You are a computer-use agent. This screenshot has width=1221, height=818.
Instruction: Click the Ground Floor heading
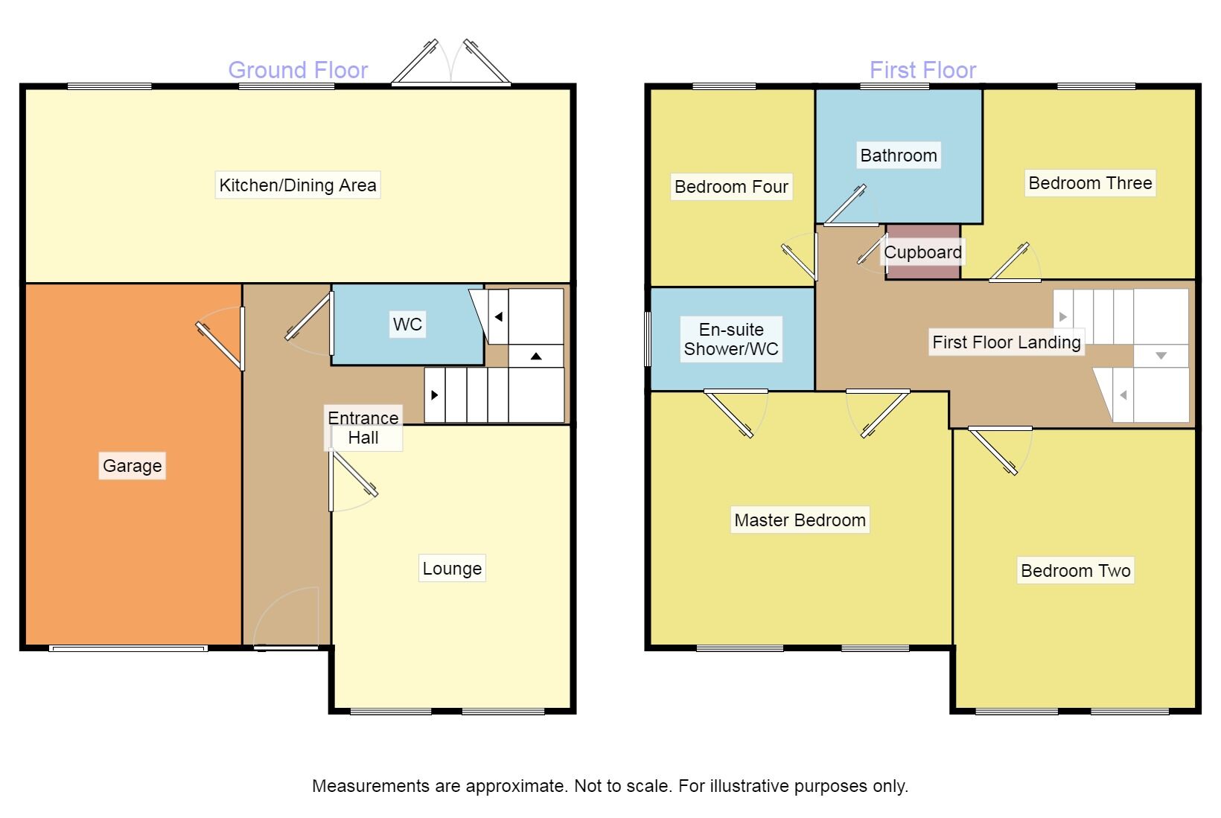point(298,70)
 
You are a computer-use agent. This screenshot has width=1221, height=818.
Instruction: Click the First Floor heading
point(922,70)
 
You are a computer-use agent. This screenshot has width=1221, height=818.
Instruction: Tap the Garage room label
point(132,466)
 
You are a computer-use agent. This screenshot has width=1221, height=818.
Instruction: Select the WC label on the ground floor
point(407,325)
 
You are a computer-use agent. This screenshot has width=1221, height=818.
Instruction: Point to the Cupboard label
point(922,252)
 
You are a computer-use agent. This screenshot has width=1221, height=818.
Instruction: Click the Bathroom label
point(899,156)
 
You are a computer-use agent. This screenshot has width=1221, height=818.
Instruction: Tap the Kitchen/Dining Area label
point(298,185)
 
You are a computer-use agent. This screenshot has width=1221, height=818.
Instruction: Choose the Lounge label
point(452,569)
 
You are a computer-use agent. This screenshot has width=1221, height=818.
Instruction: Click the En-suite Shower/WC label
point(731,339)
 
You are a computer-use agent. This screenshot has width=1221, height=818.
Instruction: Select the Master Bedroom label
point(800,520)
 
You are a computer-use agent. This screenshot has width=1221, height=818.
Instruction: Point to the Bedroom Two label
point(1075,571)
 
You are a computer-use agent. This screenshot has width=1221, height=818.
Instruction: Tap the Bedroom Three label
point(1090,183)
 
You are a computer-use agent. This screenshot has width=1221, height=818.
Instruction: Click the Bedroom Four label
point(731,187)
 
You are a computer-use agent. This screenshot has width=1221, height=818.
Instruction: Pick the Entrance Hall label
point(363,428)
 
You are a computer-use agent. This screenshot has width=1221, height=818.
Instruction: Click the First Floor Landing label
point(1007,342)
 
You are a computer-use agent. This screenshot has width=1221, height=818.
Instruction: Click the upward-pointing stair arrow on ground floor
point(536,357)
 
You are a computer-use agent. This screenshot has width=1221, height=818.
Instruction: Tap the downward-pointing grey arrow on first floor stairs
point(1161,356)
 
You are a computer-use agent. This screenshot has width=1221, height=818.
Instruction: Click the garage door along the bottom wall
point(128,648)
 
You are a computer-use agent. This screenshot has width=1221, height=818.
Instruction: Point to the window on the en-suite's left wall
point(647,339)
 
